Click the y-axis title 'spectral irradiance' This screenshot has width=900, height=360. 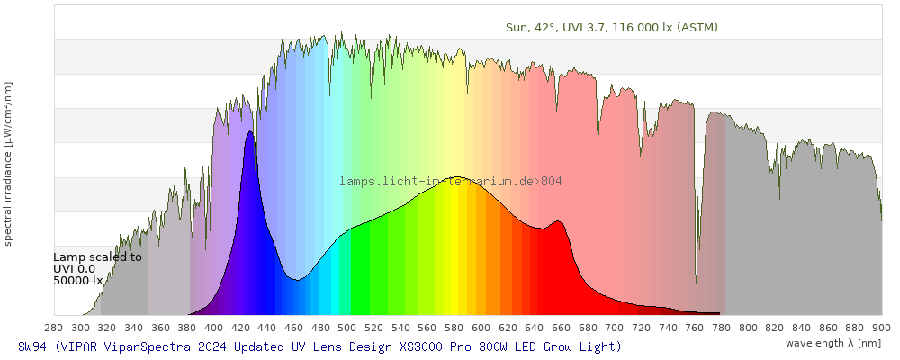[x=8, y=163]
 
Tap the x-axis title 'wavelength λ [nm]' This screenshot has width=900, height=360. [x=832, y=343]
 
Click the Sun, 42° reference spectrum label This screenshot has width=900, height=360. [x=612, y=27]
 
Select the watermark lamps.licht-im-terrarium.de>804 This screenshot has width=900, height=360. [x=451, y=182]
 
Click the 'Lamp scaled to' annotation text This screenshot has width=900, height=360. [x=97, y=256]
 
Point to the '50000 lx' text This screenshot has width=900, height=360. [x=79, y=280]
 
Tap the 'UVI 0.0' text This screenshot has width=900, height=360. [x=75, y=268]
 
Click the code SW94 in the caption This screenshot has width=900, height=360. [x=32, y=346]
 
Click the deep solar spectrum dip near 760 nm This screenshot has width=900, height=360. [x=697, y=286]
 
